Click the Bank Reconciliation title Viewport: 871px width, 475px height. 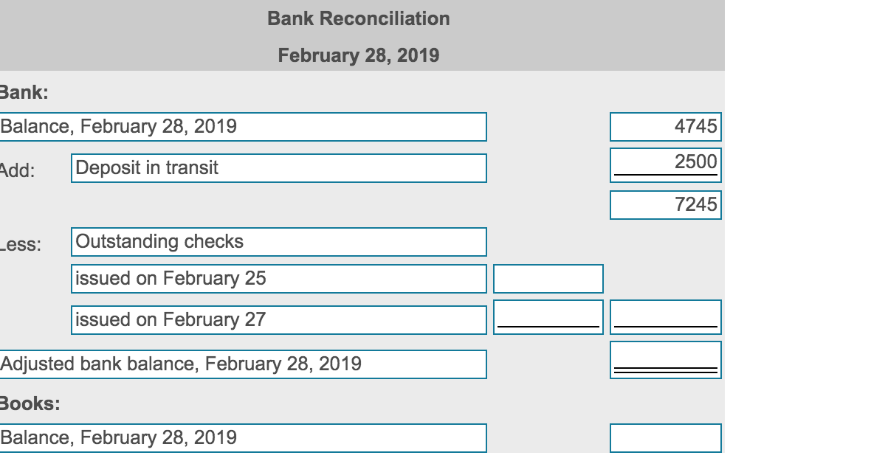coord(358,18)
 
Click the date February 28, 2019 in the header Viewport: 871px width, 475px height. coord(358,55)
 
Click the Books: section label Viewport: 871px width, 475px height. coord(30,403)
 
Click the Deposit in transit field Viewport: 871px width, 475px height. coord(279,168)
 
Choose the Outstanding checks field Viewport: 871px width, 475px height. coord(279,242)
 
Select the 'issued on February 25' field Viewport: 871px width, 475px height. coord(279,279)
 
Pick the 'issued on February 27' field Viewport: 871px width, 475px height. coord(279,319)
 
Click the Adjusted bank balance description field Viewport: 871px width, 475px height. coord(243,364)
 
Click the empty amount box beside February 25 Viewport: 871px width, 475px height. coord(548,279)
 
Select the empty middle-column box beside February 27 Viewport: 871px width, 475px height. coord(548,317)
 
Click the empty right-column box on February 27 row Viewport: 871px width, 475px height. coord(665,317)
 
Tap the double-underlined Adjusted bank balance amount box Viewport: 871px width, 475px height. coord(665,360)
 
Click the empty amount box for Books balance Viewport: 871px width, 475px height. coord(665,437)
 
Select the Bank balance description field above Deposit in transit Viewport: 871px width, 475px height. coord(243,126)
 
